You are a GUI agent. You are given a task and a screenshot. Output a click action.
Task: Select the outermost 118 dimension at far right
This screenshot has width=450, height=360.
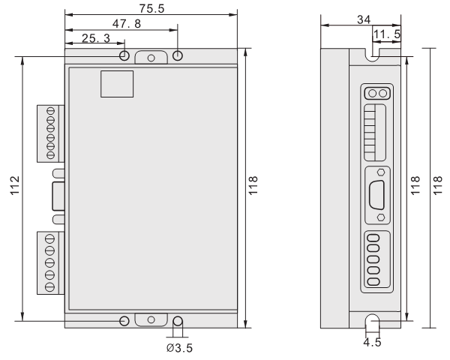pos(439,187)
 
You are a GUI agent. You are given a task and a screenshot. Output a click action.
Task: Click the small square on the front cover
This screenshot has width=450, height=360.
pos(117,83)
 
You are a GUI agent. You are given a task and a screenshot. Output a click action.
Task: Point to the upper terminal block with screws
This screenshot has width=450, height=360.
pos(50,133)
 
